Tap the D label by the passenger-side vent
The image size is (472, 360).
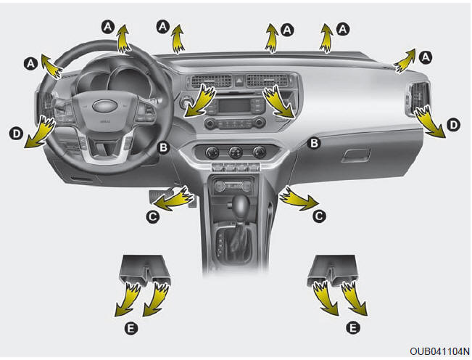453,126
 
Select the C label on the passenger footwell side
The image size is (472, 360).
318,216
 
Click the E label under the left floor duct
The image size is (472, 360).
128,328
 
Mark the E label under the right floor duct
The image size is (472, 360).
352,328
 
